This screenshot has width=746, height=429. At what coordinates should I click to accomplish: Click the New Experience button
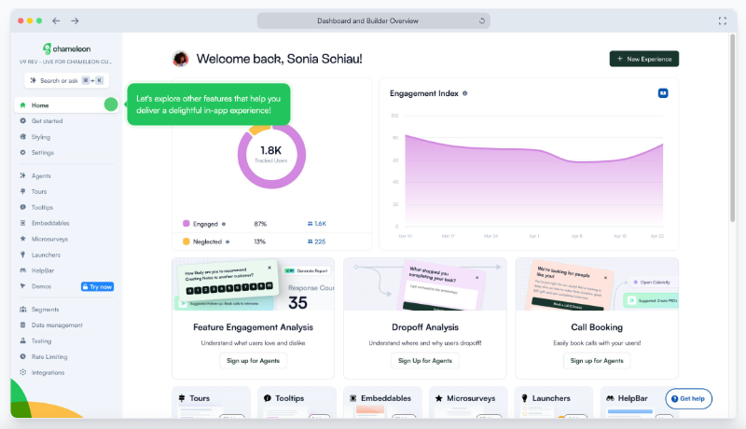(643, 59)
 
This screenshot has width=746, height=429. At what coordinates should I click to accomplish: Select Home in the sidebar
(40, 105)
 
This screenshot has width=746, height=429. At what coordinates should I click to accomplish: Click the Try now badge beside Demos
(98, 286)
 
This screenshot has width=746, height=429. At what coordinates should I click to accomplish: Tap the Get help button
(688, 398)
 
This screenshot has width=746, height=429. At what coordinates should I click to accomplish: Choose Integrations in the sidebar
(48, 372)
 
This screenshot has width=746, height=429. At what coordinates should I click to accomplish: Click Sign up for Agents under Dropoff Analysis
(424, 360)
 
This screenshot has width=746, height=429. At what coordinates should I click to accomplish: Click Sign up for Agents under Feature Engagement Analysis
(253, 360)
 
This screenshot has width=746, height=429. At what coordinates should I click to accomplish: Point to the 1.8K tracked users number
(270, 150)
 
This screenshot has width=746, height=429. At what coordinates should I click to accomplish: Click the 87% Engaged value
(260, 224)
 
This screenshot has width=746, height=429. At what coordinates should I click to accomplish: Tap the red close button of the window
(19, 21)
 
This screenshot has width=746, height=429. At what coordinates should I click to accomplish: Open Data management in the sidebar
(57, 325)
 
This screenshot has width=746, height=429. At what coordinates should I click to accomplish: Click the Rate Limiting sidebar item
(48, 356)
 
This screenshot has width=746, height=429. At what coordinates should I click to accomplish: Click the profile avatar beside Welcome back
(181, 59)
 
